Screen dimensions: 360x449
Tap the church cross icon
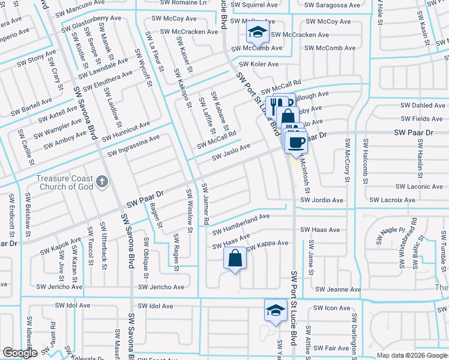point(103,180)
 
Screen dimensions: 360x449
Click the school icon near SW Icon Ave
point(275,310)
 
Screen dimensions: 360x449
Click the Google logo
point(20,353)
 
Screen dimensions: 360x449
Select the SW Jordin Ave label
point(322,200)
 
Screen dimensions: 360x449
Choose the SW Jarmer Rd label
point(205,205)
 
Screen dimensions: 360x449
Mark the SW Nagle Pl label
point(393,235)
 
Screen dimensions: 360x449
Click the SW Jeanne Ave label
point(339,289)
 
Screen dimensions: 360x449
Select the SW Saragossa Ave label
point(332,5)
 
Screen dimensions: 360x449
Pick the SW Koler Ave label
point(259,64)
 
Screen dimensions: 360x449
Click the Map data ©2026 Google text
point(412,355)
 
